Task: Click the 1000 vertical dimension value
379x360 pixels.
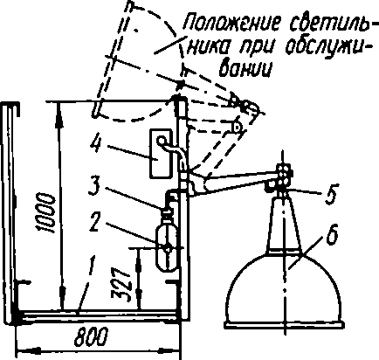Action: pos(47,213)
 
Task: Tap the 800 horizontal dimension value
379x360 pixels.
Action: pos(91,337)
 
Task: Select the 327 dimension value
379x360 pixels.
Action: pos(121,284)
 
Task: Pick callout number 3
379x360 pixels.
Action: pos(97,186)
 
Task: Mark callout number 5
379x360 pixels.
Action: pos(331,195)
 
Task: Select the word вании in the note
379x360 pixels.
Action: pos(245,69)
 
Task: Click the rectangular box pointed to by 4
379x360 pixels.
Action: pos(160,153)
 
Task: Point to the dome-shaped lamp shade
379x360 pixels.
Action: pos(284,287)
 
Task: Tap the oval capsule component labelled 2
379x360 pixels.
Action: pos(167,248)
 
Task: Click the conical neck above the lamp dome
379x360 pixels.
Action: pos(285,225)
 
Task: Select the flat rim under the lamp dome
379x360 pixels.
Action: pos(284,325)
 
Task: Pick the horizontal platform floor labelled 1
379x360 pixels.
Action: pos(98,316)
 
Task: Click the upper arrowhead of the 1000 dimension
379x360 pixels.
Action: pos(59,114)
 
